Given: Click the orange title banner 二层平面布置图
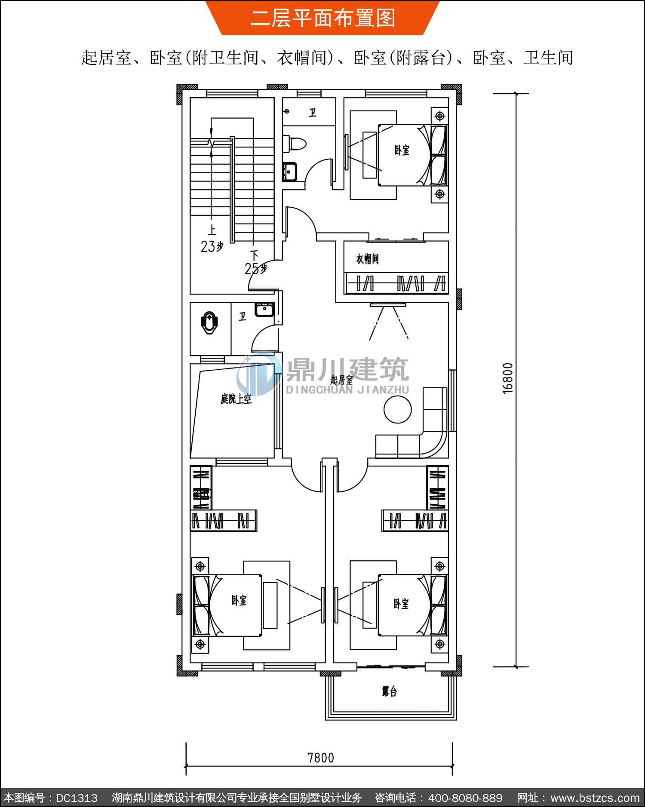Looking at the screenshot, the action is pyautogui.click(x=322, y=18).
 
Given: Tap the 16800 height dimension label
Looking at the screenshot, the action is pyautogui.click(x=508, y=378).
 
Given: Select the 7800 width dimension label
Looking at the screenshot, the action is pyautogui.click(x=321, y=758).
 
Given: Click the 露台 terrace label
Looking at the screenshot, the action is pyautogui.click(x=389, y=691).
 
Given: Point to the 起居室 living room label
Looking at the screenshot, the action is pyautogui.click(x=341, y=380).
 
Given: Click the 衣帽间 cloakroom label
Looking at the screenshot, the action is pyautogui.click(x=367, y=259).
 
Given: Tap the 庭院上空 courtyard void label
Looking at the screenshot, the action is pyautogui.click(x=236, y=399).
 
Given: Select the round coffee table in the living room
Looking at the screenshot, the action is pyautogui.click(x=397, y=409).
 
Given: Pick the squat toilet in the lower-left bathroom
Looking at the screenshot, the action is pyautogui.click(x=209, y=323).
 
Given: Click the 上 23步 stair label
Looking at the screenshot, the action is pyautogui.click(x=212, y=239).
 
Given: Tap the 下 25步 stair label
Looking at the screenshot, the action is pyautogui.click(x=255, y=262).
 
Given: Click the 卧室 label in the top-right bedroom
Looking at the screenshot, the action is pyautogui.click(x=402, y=150).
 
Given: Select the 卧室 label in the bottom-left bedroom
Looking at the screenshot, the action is pyautogui.click(x=239, y=600).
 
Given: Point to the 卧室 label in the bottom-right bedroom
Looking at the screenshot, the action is pyautogui.click(x=401, y=604).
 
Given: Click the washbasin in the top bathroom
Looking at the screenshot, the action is pyautogui.click(x=289, y=172).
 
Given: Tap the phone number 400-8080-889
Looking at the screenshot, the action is pyautogui.click(x=465, y=798).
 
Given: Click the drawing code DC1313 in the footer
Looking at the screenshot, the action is pyautogui.click(x=77, y=798).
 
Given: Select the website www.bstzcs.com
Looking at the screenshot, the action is pyautogui.click(x=595, y=798).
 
